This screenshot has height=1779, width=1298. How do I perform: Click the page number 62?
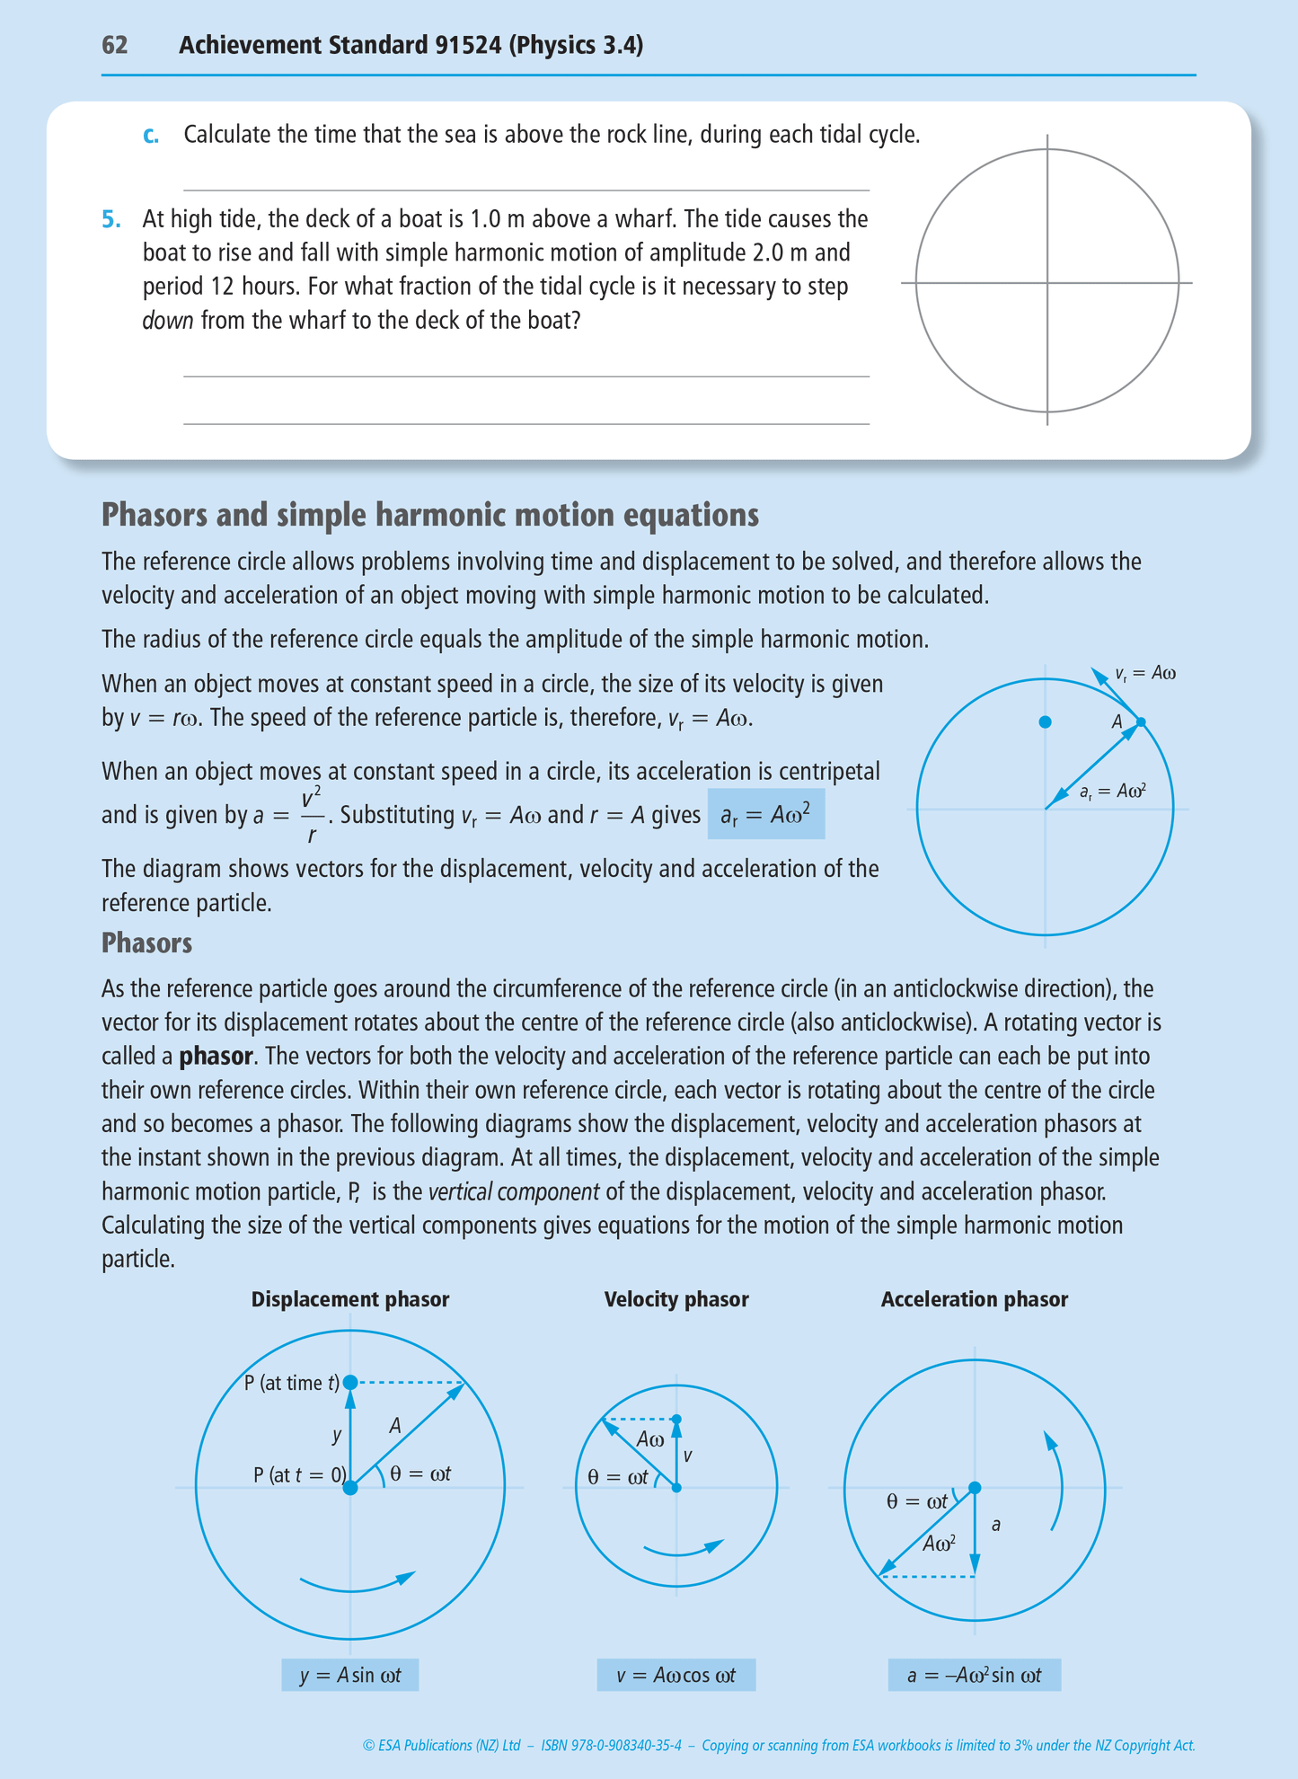[114, 45]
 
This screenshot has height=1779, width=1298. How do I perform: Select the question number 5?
[110, 219]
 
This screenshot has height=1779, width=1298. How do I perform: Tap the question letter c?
[151, 135]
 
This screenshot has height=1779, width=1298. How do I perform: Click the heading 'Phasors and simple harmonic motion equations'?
[429, 515]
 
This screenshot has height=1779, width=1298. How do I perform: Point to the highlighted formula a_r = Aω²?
[765, 814]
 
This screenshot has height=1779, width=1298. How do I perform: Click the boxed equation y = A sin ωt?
[349, 1675]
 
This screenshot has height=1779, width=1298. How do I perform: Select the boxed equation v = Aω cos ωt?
[675, 1675]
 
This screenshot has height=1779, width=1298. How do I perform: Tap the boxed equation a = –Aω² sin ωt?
[974, 1675]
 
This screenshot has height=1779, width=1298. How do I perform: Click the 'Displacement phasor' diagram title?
[349, 1299]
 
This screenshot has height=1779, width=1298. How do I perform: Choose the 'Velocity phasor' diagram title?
[675, 1299]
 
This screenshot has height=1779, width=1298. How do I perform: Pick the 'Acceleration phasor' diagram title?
[974, 1299]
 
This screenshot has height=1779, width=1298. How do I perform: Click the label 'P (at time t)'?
[291, 1383]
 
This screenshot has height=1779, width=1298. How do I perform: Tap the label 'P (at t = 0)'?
[298, 1474]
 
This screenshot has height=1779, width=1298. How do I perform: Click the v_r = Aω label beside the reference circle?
[1144, 673]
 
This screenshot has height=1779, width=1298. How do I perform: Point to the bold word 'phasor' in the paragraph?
[216, 1056]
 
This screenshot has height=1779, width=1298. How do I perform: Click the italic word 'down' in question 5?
[167, 321]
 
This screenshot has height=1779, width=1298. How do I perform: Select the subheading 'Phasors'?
[146, 943]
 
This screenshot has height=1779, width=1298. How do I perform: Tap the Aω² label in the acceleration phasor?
[939, 1544]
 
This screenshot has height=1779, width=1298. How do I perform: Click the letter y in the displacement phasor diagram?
[337, 1435]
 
